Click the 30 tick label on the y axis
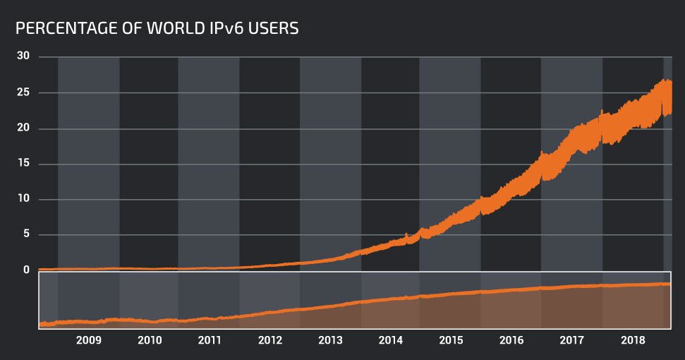[x=23, y=56]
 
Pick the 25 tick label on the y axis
[x=23, y=92]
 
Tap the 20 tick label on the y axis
[x=23, y=128]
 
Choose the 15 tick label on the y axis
[x=23, y=164]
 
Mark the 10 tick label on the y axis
[x=23, y=199]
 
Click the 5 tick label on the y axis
[x=26, y=234]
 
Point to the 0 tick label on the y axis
[x=26, y=270]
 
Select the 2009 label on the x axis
[x=89, y=340]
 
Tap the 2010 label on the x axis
[x=150, y=340]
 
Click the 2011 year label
[x=210, y=340]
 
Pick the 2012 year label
[x=270, y=340]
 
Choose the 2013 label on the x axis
[x=331, y=340]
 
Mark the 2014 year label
[x=391, y=340]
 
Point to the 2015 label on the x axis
[x=451, y=340]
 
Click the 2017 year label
[x=571, y=340]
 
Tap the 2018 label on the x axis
[x=632, y=340]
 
